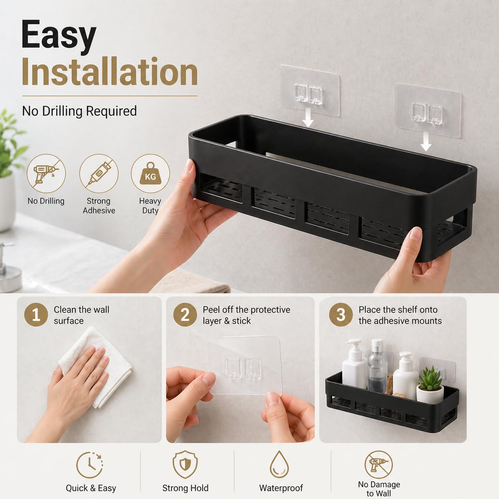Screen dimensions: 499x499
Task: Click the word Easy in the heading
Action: coord(59,37)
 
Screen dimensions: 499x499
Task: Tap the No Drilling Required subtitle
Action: coord(80,111)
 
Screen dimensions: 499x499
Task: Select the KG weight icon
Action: coord(150,173)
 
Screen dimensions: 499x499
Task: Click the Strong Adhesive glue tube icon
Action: coord(99,173)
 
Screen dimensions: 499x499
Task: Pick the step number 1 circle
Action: coord(36,315)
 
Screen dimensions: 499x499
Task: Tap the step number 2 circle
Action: coord(185,315)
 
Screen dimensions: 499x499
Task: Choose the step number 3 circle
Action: coord(341,315)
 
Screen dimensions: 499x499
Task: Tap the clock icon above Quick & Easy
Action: coord(90,465)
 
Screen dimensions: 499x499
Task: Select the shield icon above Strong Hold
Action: coord(185,464)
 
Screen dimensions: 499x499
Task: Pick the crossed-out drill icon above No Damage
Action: coord(378,464)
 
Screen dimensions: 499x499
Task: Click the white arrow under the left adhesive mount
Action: coord(308,117)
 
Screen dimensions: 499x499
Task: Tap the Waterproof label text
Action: coord(281,488)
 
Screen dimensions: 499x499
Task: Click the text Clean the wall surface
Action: coord(82,315)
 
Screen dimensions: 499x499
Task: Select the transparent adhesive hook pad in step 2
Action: coord(244,366)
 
